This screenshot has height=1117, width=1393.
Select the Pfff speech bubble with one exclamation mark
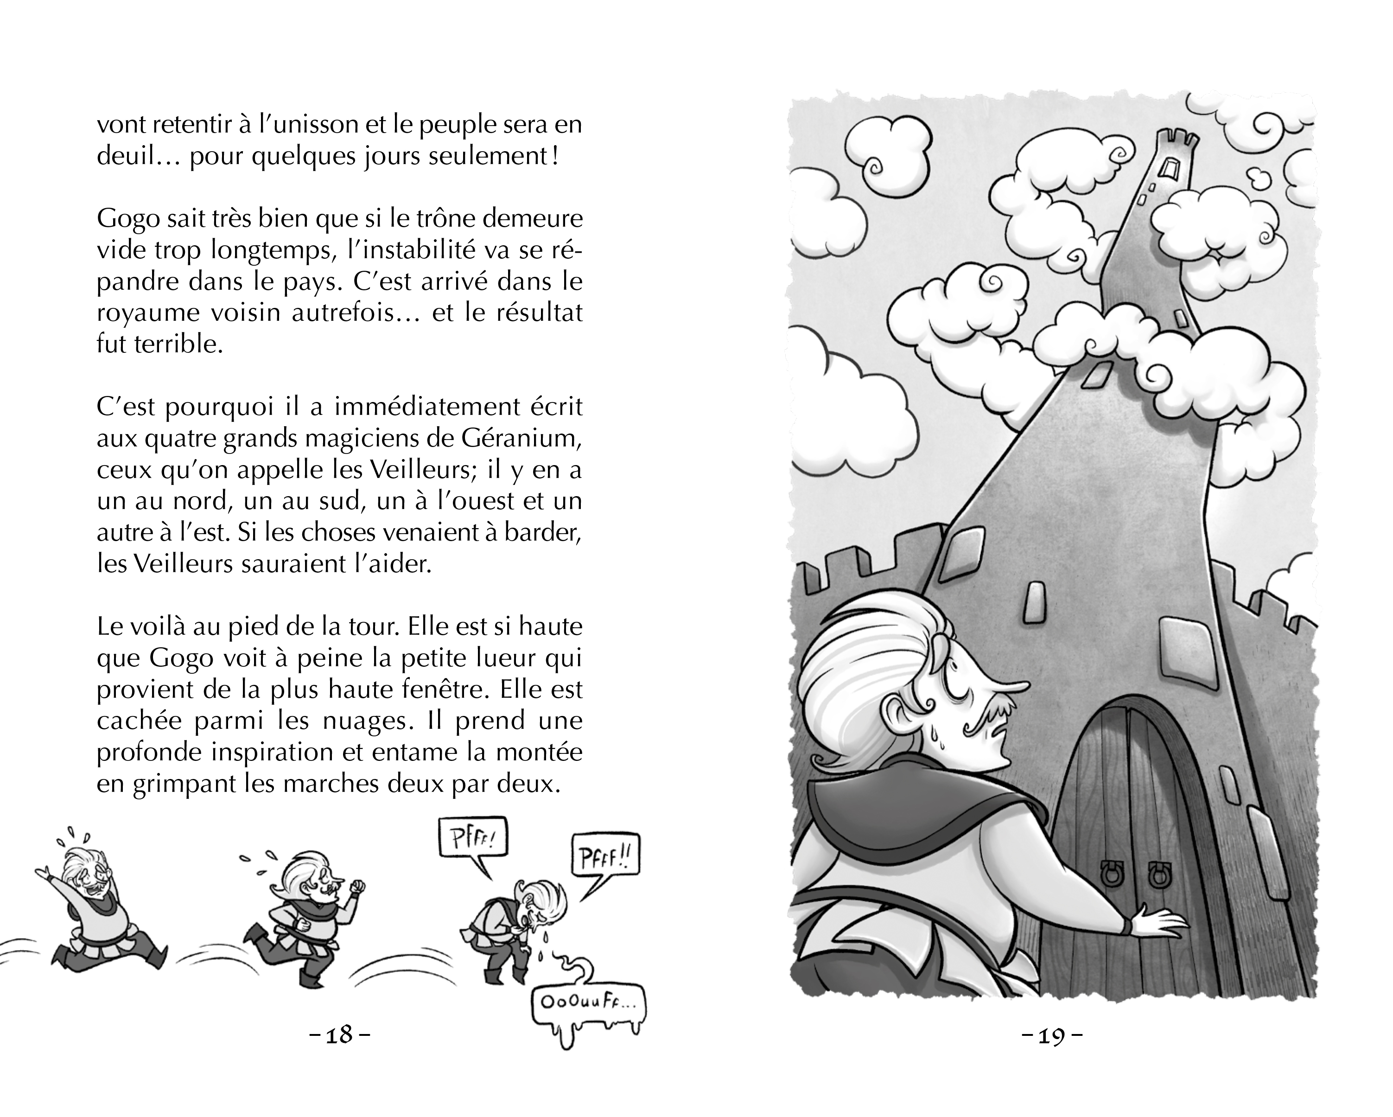tap(473, 843)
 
